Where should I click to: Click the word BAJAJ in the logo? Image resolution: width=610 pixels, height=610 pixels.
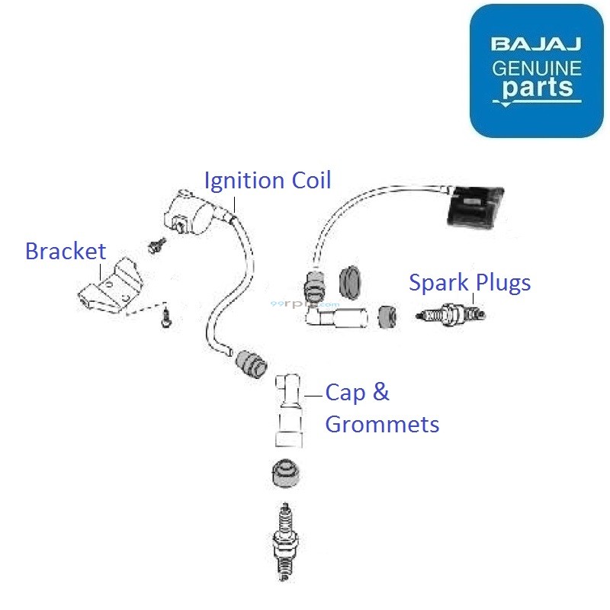pyautogui.click(x=536, y=43)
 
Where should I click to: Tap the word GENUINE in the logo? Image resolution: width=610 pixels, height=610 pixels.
pyautogui.click(x=536, y=68)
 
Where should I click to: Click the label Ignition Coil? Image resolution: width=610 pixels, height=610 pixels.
pyautogui.click(x=268, y=181)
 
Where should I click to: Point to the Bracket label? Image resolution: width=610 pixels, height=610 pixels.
pyautogui.click(x=66, y=251)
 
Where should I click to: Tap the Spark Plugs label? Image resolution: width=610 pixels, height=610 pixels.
pyautogui.click(x=470, y=283)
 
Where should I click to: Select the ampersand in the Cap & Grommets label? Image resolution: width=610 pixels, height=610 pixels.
pyautogui.click(x=380, y=393)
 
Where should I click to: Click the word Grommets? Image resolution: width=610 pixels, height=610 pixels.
pyautogui.click(x=382, y=424)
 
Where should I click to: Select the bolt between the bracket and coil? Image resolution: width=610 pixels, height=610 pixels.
pyautogui.click(x=158, y=246)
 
